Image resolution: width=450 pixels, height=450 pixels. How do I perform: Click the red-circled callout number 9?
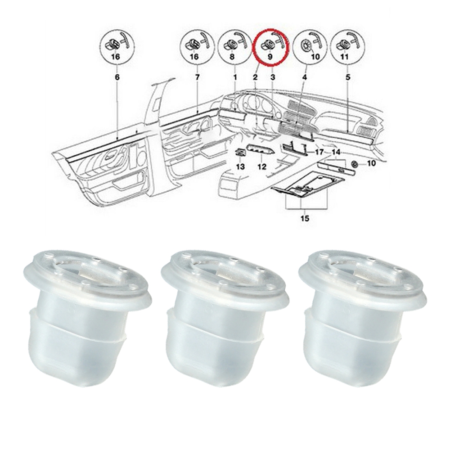[x=270, y=57]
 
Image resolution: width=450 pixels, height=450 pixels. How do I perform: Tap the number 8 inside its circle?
[x=232, y=57]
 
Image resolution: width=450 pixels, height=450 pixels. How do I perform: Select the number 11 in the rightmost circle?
[x=344, y=57]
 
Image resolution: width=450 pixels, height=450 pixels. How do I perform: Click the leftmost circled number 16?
[x=116, y=57]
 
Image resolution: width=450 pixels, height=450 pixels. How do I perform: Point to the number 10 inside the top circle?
[x=315, y=57]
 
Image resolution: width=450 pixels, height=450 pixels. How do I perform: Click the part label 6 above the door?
[x=117, y=77]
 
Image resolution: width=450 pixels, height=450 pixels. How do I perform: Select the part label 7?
[x=198, y=77]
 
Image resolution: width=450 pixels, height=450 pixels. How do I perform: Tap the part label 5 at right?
[x=348, y=77]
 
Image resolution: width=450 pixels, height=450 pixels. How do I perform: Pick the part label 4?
[x=305, y=77]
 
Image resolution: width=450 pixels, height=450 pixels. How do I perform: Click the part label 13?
[x=240, y=166]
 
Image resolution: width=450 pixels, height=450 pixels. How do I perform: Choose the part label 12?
[x=262, y=166]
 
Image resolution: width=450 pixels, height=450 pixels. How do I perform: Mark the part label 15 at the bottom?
[x=305, y=218]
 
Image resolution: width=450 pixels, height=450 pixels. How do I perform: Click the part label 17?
[x=319, y=152]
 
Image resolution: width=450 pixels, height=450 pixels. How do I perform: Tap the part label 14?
[x=336, y=152]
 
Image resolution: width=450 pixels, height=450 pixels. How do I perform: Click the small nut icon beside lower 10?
[x=355, y=164]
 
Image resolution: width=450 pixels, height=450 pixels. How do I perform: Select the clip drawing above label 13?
[x=240, y=153]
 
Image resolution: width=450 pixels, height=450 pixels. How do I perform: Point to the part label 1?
[x=235, y=77]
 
